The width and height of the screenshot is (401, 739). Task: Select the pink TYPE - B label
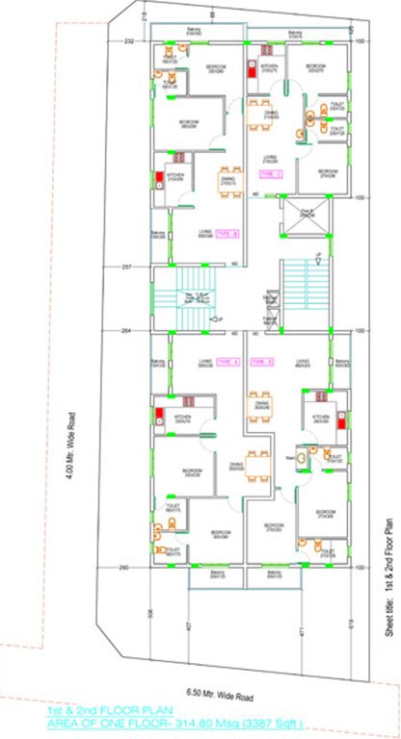point(227,234)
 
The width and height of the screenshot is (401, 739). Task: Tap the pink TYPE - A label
point(228,362)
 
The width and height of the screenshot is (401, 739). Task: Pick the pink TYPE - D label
point(262,362)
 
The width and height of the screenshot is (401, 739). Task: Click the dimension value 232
point(128,42)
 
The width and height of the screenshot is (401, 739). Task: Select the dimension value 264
point(126,330)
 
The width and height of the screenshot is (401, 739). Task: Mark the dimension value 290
point(124,568)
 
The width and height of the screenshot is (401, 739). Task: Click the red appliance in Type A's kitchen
point(157,417)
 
